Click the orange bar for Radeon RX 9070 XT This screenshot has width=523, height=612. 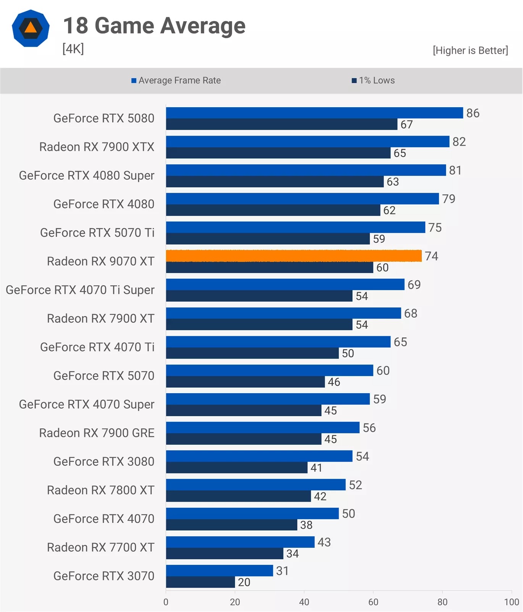tap(294, 256)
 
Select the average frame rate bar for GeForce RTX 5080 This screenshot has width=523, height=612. tap(314, 113)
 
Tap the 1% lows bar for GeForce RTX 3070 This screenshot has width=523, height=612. tap(200, 582)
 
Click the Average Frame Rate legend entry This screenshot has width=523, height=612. tap(176, 81)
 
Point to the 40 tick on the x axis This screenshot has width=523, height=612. tap(304, 602)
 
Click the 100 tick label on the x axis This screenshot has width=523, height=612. tap(511, 602)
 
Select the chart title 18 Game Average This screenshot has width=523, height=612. tap(154, 26)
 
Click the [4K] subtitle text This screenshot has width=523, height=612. tap(73, 49)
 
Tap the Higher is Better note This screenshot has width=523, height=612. tap(470, 50)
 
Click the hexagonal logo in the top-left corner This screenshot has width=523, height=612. tap(31, 28)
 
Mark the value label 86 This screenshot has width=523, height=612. tap(473, 113)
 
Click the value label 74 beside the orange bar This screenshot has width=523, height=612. tap(431, 256)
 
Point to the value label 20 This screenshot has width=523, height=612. tap(244, 582)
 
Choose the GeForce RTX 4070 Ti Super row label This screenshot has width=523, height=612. tap(80, 290)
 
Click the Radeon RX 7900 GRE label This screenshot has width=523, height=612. tap(97, 433)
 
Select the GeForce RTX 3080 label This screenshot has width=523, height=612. tap(104, 462)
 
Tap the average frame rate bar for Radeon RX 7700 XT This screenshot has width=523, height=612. tap(240, 542)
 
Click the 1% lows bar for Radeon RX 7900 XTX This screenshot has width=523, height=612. tap(278, 153)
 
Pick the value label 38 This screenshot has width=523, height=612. tap(306, 525)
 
